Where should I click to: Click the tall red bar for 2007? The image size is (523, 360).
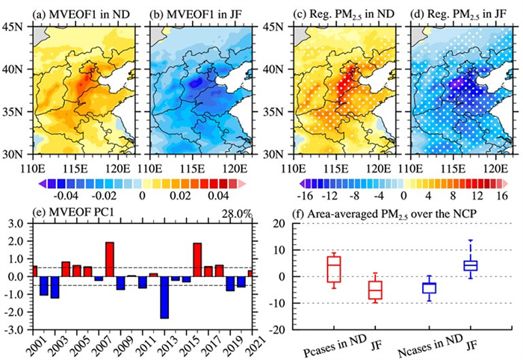point(109,259)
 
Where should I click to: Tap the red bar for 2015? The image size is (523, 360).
point(198,260)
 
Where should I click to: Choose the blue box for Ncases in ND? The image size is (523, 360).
point(427,288)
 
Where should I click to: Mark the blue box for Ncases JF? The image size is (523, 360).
point(470,265)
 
